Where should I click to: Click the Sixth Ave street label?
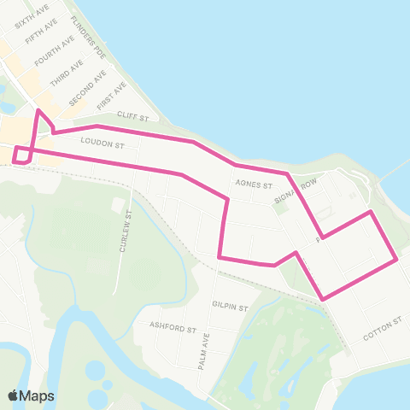tap(31, 15)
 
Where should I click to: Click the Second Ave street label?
tap(87, 88)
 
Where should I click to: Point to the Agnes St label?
tap(255, 184)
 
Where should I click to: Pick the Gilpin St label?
tap(231, 305)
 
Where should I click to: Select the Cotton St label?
tap(382, 329)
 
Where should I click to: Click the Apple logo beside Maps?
tap(15, 395)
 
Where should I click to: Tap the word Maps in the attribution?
tap(38, 396)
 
